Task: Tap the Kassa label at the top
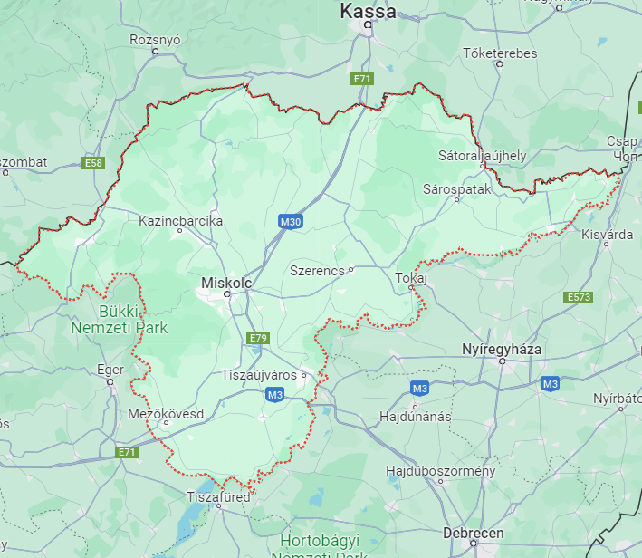[x=368, y=12]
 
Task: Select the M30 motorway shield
[x=291, y=221]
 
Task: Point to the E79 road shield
[x=258, y=338]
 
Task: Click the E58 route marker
[x=92, y=163]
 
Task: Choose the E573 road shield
[x=579, y=297]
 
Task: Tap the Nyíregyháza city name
[x=501, y=349]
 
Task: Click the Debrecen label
[x=474, y=533]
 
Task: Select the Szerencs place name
[x=317, y=270]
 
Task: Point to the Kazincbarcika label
[x=180, y=220]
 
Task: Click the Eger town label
[x=110, y=370]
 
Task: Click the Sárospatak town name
[x=456, y=189]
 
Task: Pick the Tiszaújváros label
[x=261, y=374]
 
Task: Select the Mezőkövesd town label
[x=165, y=413]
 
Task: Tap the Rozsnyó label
[x=156, y=40]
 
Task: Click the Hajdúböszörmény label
[x=440, y=471]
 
